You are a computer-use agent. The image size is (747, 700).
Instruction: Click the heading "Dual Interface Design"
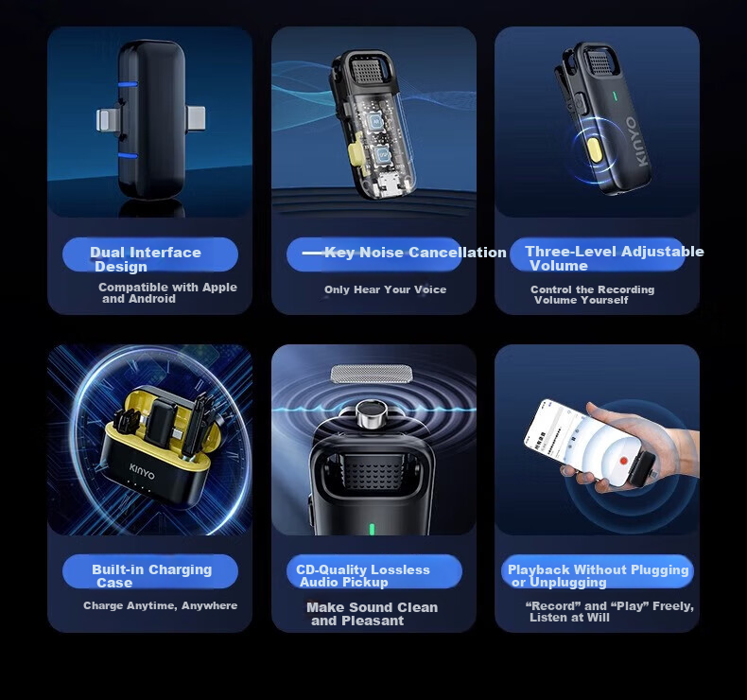(146, 259)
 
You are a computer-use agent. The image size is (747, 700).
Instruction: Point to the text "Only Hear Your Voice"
(386, 289)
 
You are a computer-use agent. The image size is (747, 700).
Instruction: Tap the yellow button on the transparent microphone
(356, 147)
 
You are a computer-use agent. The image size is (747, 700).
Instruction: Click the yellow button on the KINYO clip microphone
(594, 149)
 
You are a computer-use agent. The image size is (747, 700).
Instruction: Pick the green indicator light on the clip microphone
(615, 96)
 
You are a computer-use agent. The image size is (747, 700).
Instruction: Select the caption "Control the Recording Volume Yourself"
(592, 294)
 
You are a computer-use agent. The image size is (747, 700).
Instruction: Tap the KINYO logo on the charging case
(142, 471)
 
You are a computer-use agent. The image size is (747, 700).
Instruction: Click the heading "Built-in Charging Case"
(151, 576)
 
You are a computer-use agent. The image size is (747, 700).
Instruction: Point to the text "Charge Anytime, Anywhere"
(160, 605)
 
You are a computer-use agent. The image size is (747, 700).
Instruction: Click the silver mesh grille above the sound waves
(371, 374)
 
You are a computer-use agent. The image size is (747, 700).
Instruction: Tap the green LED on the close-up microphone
(372, 529)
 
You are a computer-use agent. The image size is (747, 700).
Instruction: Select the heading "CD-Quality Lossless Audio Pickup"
(363, 576)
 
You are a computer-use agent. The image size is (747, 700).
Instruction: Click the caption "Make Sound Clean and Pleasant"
(372, 614)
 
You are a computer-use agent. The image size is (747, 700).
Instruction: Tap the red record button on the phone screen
(623, 461)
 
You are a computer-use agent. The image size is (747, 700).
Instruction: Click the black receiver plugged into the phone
(642, 469)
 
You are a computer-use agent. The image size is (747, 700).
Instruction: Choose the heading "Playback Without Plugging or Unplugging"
(599, 576)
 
